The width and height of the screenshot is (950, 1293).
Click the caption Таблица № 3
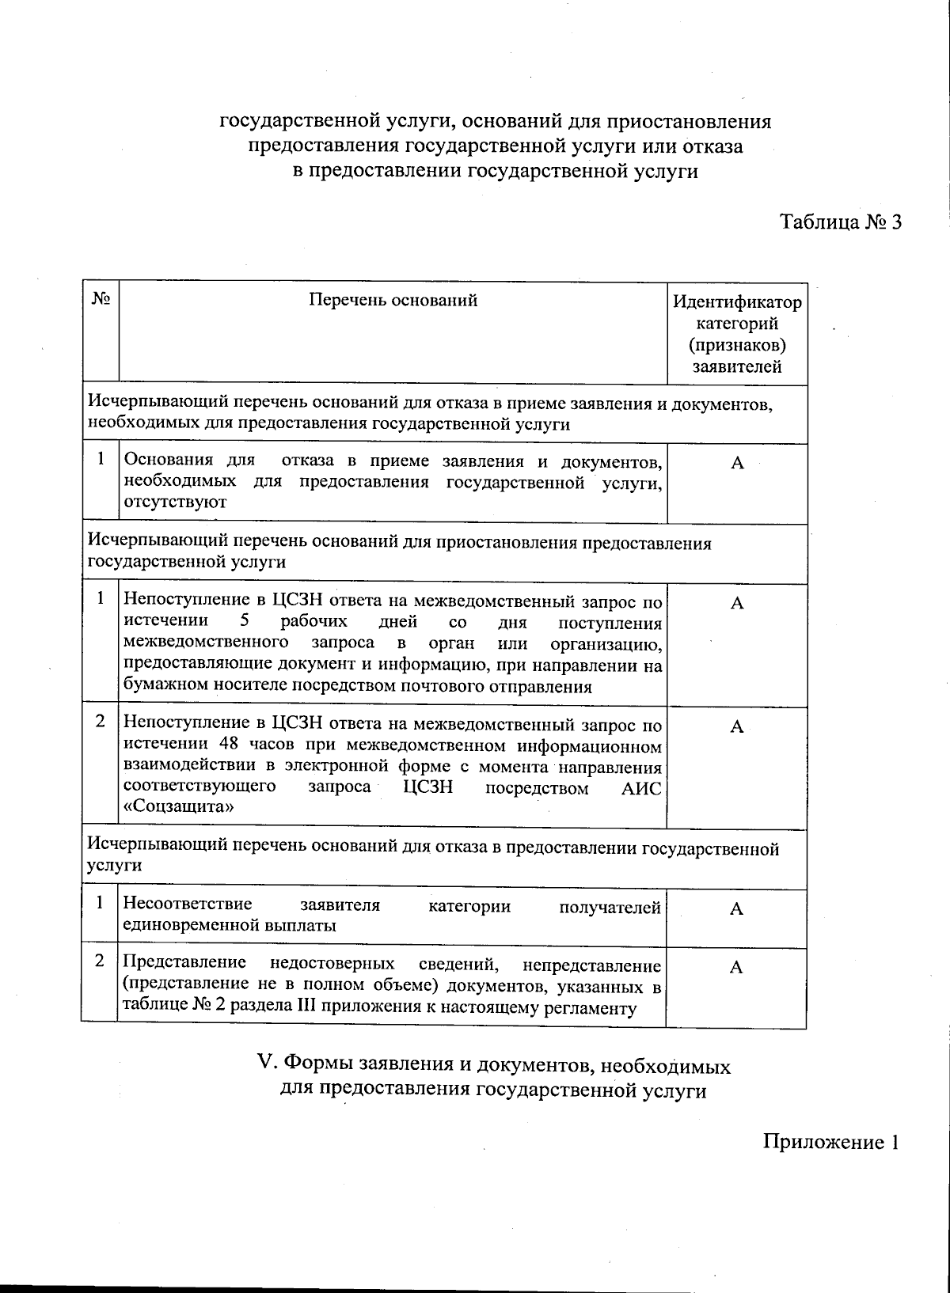pyautogui.click(x=841, y=222)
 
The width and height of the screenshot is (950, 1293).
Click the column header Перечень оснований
pyautogui.click(x=393, y=300)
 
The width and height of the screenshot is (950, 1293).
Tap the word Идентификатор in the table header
pyautogui.click(x=736, y=302)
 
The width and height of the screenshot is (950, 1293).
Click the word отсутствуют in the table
pyautogui.click(x=175, y=502)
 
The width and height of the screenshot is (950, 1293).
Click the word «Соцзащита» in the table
pyautogui.click(x=178, y=808)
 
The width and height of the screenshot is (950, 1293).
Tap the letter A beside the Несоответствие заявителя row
pyautogui.click(x=736, y=909)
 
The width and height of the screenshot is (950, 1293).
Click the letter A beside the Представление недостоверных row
pyautogui.click(x=736, y=968)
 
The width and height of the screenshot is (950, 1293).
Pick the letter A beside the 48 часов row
pyautogui.click(x=736, y=727)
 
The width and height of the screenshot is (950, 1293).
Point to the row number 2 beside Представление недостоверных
pyautogui.click(x=100, y=961)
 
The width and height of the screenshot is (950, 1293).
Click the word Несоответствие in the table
pyautogui.click(x=188, y=904)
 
